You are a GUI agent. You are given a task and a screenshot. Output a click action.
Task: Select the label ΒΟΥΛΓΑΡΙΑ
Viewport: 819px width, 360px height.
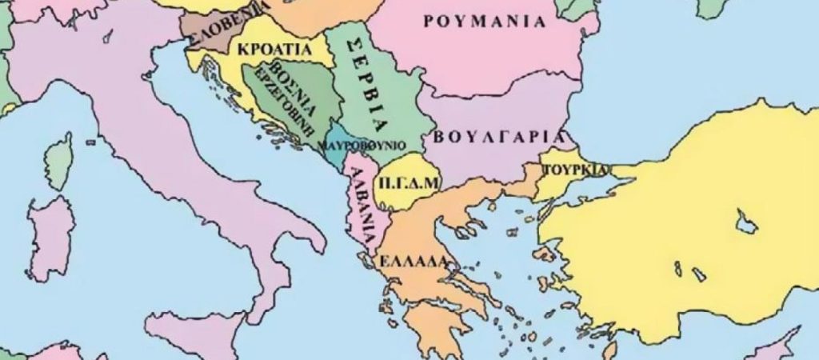493,137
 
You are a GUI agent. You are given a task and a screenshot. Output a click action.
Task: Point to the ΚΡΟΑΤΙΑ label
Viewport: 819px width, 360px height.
274,49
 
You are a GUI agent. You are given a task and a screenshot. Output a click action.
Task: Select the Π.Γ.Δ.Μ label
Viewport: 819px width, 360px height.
409,182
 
